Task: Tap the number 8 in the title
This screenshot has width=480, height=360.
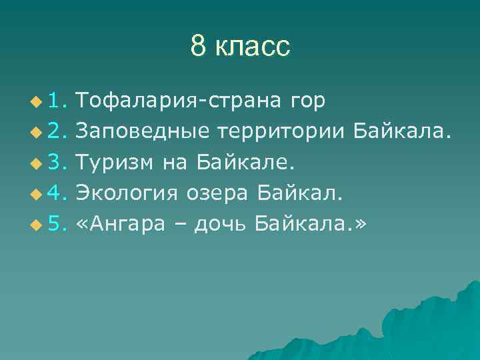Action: click(x=198, y=47)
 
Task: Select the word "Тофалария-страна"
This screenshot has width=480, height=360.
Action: click(x=179, y=101)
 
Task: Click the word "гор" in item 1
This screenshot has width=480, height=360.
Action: click(x=308, y=101)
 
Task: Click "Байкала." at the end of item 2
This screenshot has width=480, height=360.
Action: click(x=402, y=131)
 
